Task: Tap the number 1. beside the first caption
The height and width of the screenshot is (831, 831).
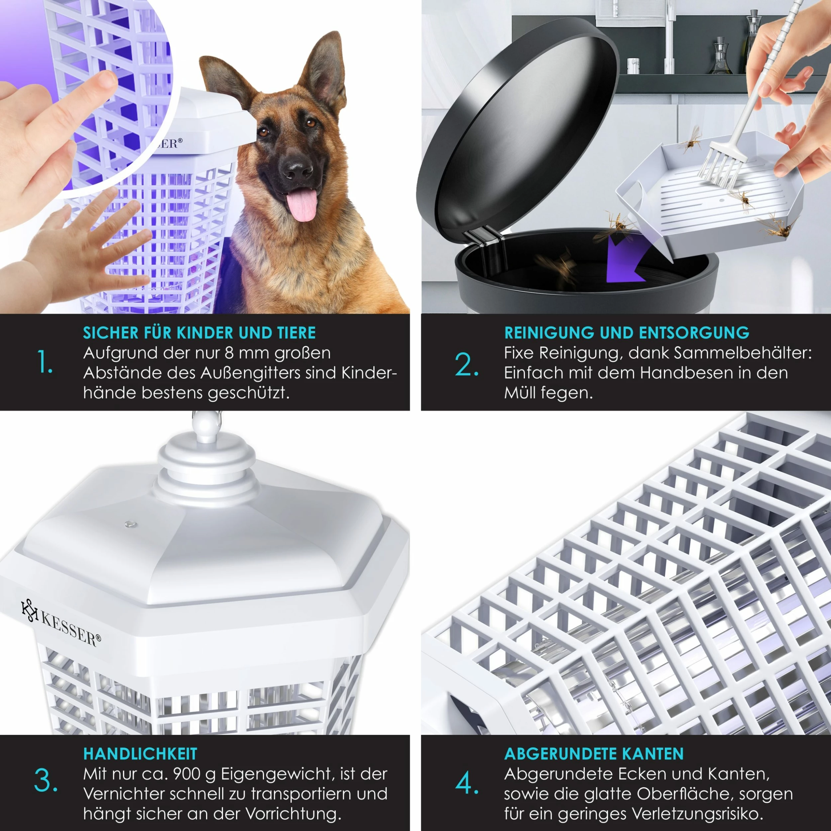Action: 45,361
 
